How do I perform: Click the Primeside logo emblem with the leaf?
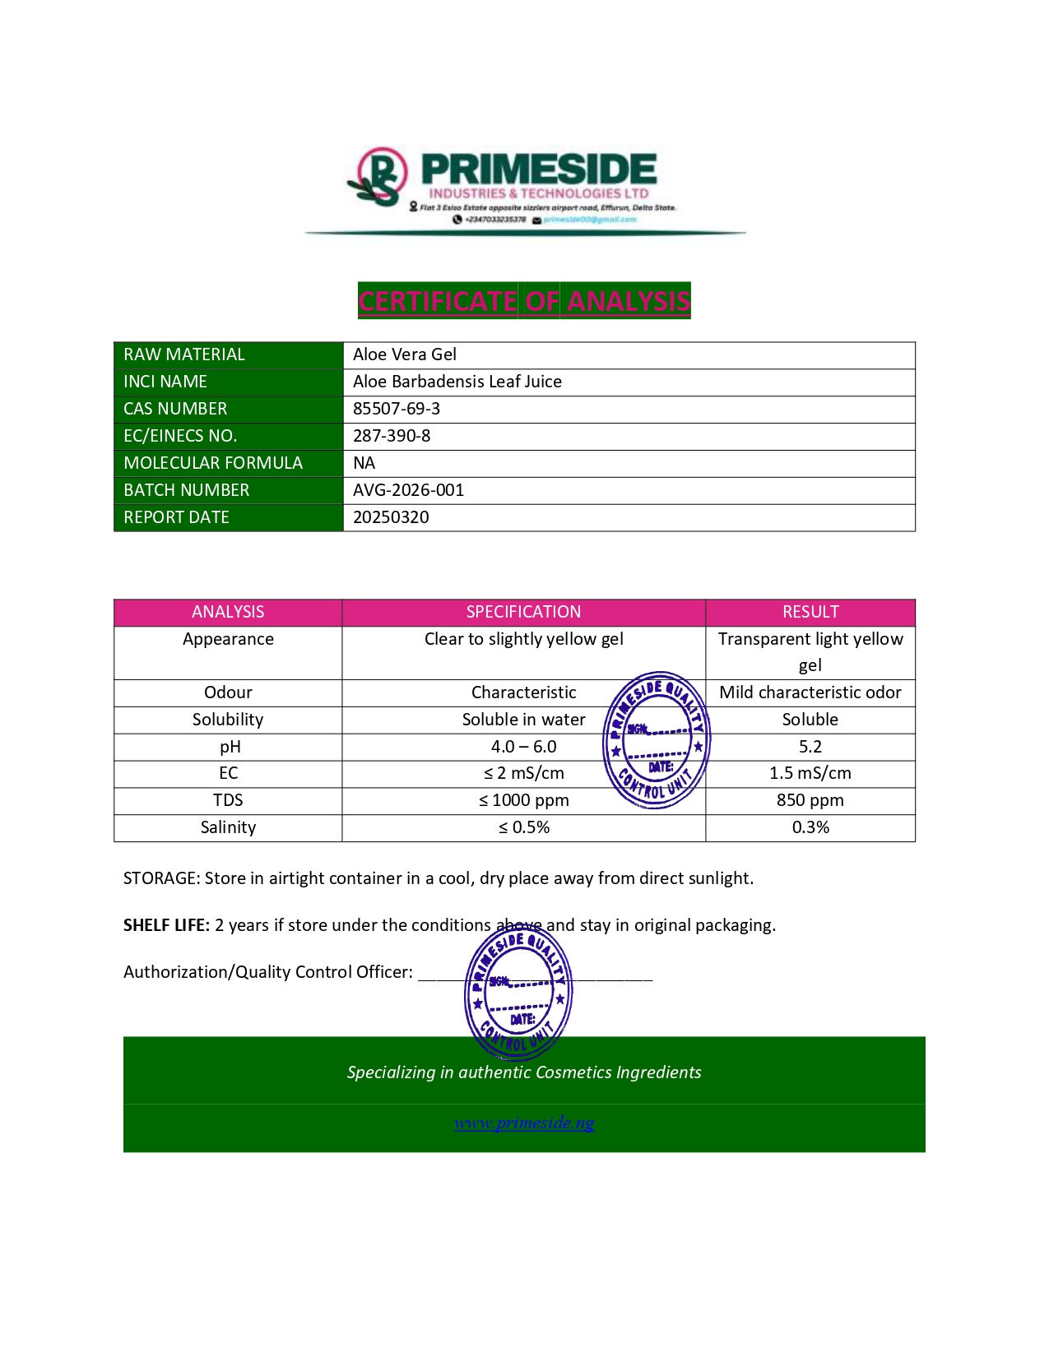(x=378, y=177)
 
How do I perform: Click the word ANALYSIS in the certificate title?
(x=629, y=301)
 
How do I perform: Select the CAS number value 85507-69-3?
(x=397, y=409)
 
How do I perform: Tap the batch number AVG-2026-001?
(x=408, y=490)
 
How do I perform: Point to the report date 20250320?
(x=391, y=517)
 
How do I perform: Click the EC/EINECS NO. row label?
(x=180, y=436)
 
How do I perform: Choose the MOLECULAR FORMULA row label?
(x=213, y=463)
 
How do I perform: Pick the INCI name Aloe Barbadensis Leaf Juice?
(x=457, y=382)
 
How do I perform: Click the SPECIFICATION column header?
(x=523, y=612)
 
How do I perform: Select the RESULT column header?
(x=810, y=612)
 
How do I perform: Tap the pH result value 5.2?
(x=810, y=747)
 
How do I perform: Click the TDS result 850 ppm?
(x=810, y=800)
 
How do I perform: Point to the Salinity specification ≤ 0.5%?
(x=523, y=827)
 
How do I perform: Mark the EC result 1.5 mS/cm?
(x=810, y=773)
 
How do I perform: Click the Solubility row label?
(x=228, y=720)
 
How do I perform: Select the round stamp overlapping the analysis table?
(x=657, y=740)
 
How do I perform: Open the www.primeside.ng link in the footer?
(x=524, y=1123)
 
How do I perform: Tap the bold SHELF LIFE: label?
(x=166, y=925)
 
